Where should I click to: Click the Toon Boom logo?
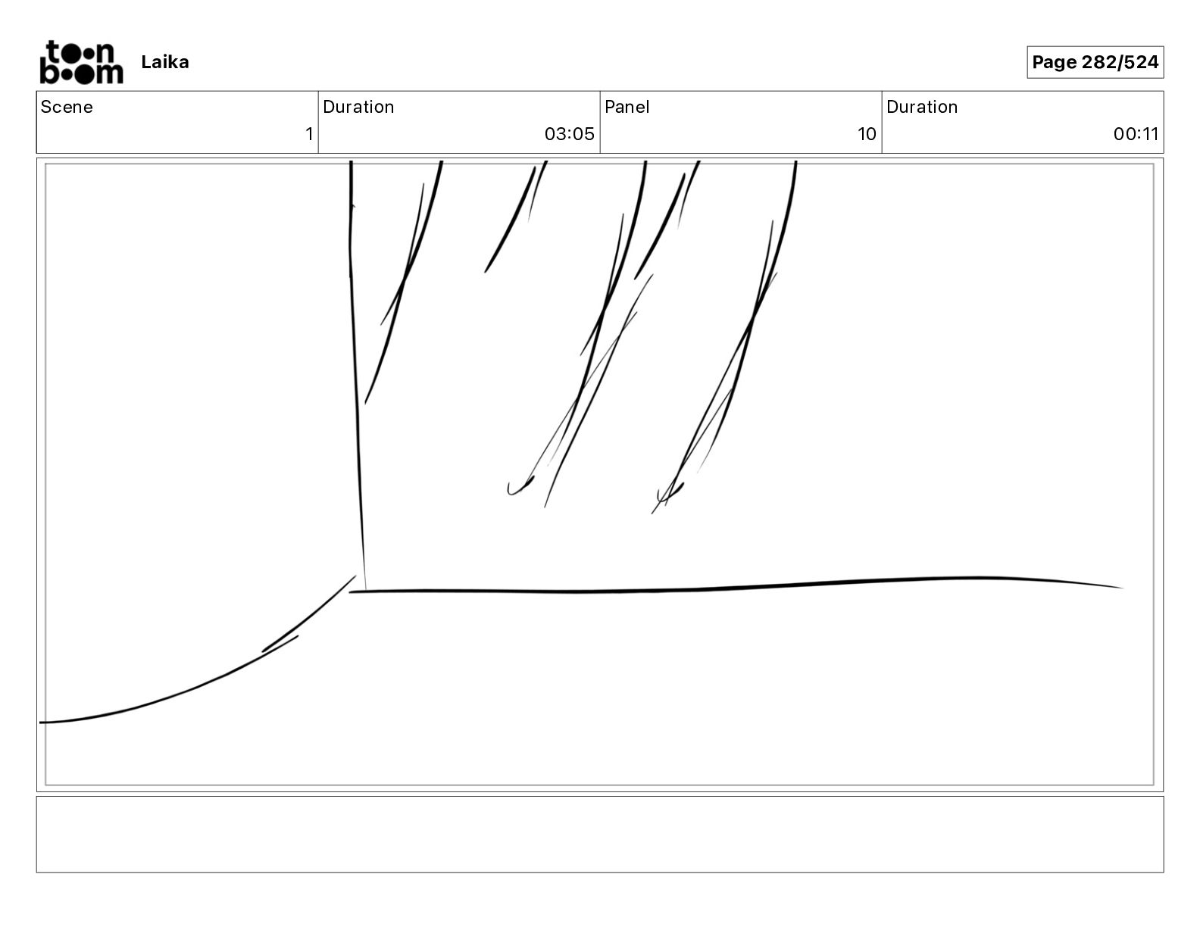pos(81,62)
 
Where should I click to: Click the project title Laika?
pos(164,62)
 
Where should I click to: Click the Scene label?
pos(67,107)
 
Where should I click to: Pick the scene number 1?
pos(309,134)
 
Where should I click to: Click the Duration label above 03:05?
pos(358,107)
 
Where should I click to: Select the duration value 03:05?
pos(569,134)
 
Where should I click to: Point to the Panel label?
pos(627,107)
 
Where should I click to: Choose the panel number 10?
pos(867,134)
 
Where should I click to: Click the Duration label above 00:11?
pos(922,107)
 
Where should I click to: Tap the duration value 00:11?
pos(1136,134)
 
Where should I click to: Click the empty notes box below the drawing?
pos(599,834)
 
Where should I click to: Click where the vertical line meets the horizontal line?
pos(365,591)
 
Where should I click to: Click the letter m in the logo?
pos(110,73)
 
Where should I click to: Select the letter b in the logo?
pos(48,72)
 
